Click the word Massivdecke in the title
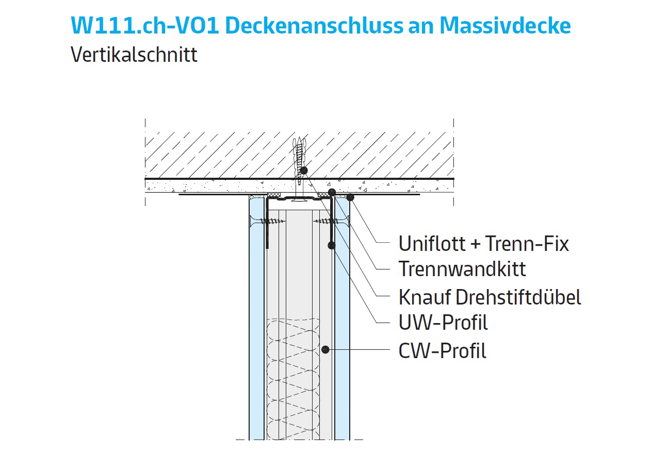(x=505, y=26)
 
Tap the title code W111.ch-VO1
(x=144, y=26)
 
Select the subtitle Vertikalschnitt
(x=134, y=55)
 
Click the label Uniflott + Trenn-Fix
(x=483, y=244)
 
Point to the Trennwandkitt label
(x=462, y=269)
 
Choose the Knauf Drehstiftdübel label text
(x=490, y=297)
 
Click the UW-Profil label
(x=443, y=323)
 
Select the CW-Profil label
(x=442, y=351)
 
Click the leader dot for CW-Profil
(x=325, y=349)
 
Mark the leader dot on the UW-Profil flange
(x=332, y=245)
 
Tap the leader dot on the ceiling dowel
(x=304, y=171)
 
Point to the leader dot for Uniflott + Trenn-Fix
(x=350, y=197)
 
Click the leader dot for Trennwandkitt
(x=332, y=192)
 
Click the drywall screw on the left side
(x=267, y=221)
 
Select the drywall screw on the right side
(x=332, y=221)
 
